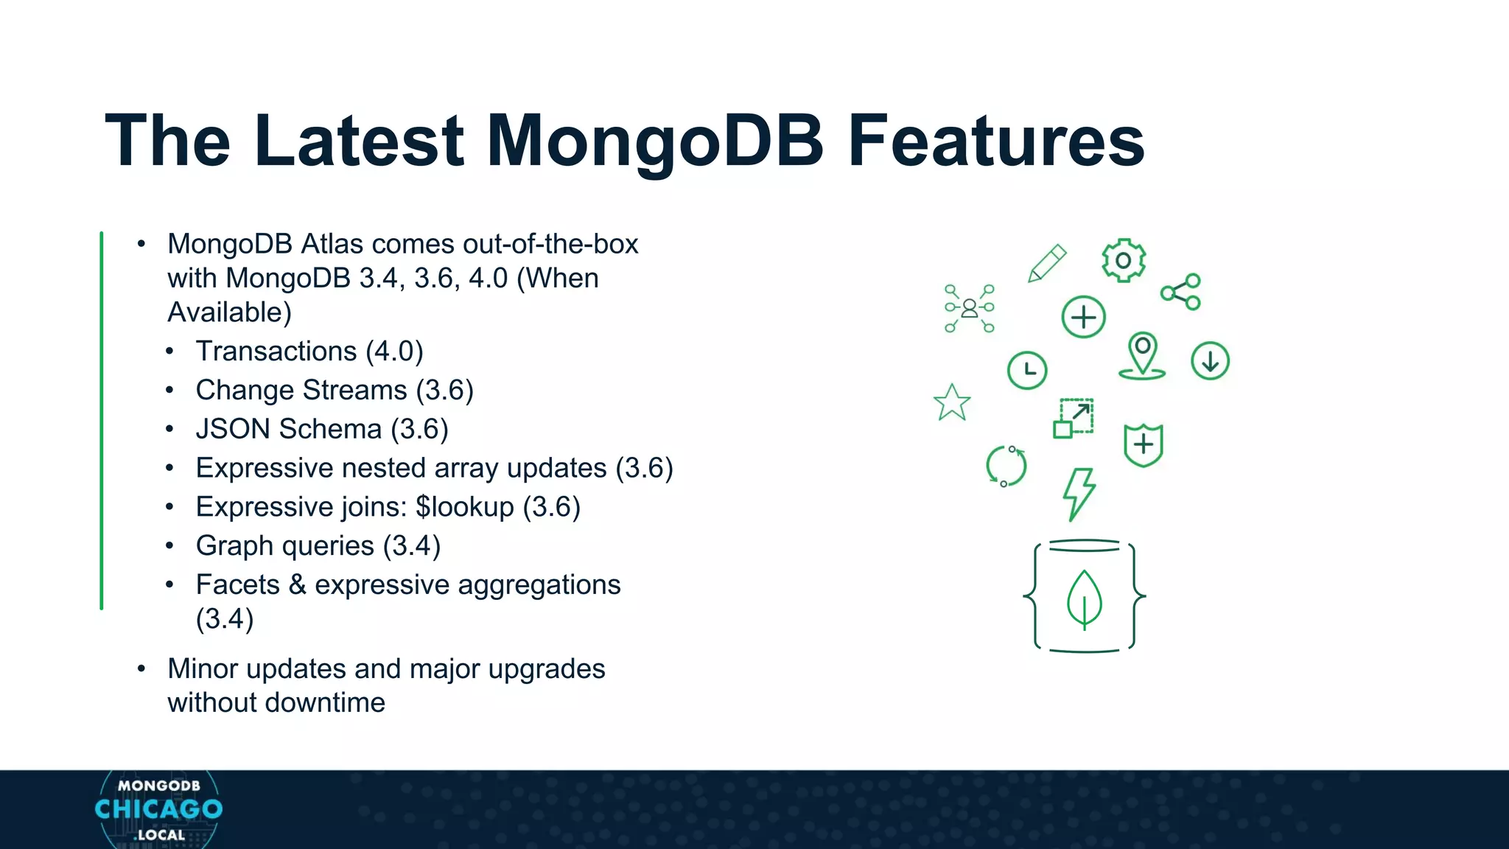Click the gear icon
(x=1123, y=260)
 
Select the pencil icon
(x=1047, y=264)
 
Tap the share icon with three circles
(x=1181, y=292)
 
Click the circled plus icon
(x=1083, y=318)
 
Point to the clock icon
(x=1027, y=370)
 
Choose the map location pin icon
(x=1142, y=355)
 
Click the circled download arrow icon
(x=1210, y=361)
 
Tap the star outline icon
(x=952, y=403)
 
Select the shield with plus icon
(x=1143, y=444)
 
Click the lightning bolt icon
(x=1079, y=494)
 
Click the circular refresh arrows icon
(x=1006, y=466)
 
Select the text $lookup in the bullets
(x=464, y=507)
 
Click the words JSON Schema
(x=289, y=429)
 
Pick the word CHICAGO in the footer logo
(x=158, y=809)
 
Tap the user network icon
(x=970, y=308)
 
